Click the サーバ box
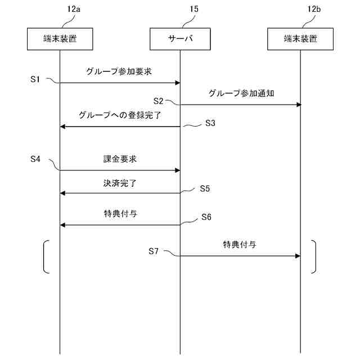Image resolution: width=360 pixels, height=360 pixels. [180, 39]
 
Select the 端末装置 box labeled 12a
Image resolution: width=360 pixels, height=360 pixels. [60, 39]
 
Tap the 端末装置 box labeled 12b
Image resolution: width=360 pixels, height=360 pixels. [300, 39]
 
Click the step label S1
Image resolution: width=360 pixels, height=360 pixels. [35, 79]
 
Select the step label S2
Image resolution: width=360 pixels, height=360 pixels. [158, 101]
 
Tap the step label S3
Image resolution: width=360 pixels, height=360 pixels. [210, 123]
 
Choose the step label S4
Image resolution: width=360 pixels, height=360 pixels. [35, 159]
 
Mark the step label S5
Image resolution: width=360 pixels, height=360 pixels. [205, 188]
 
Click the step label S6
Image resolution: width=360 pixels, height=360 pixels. [206, 217]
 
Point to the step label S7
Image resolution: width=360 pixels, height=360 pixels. [154, 251]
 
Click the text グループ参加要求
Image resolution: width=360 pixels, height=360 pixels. [119, 71]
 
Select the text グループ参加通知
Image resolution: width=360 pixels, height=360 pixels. [241, 93]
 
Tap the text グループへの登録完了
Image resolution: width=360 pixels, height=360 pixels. [120, 115]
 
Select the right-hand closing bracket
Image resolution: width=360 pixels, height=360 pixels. [314, 257]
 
